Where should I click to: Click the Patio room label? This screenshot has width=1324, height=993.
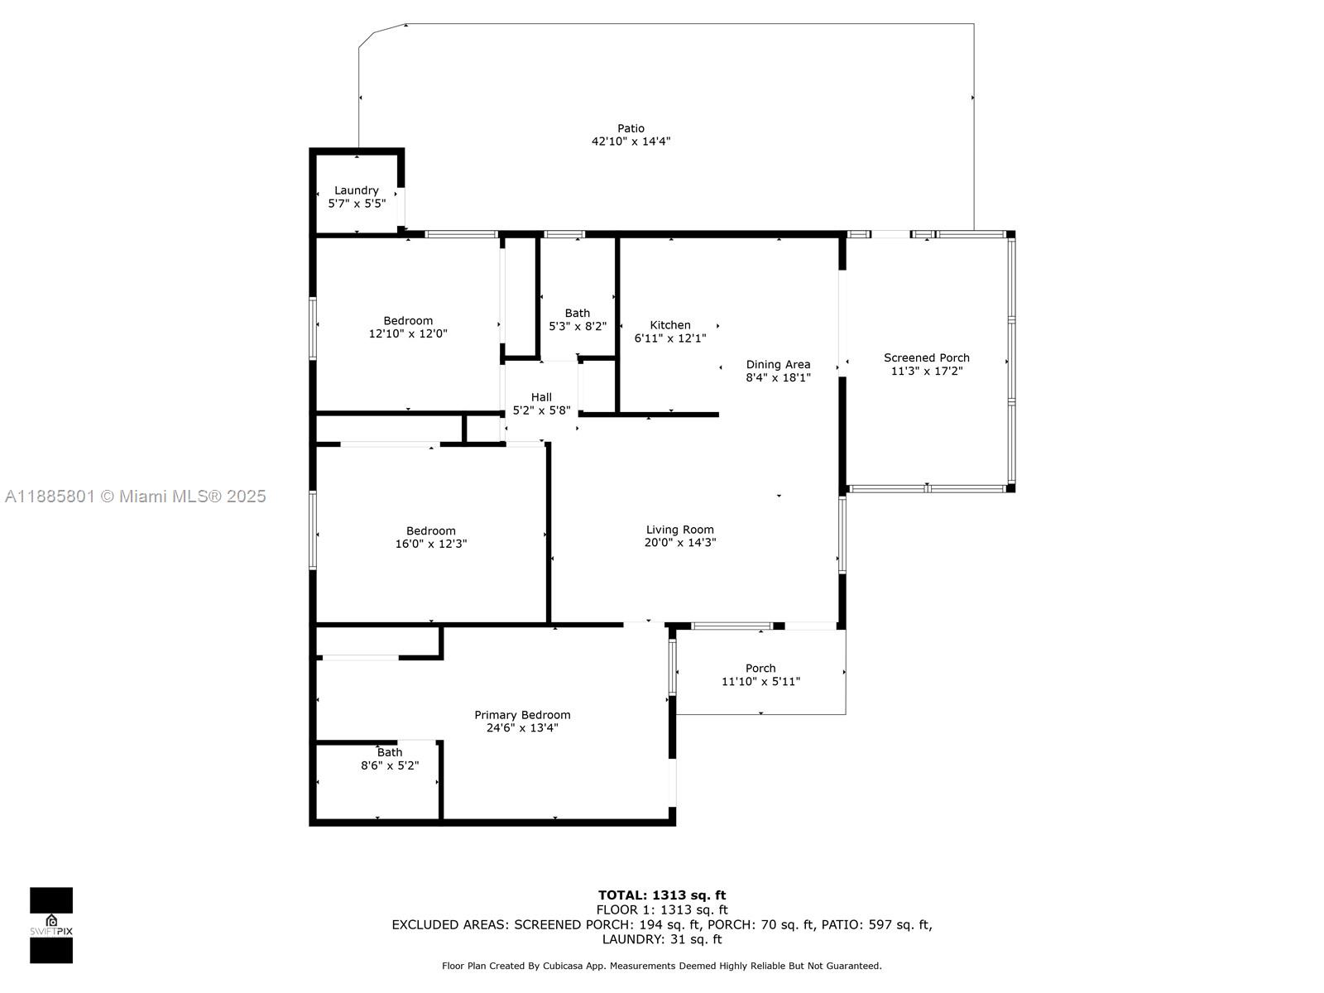[631, 128]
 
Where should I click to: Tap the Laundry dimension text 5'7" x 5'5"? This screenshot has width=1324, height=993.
[357, 204]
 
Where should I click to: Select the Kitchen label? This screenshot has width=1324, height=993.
[669, 325]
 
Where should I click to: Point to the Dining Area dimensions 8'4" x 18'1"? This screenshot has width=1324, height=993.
[778, 377]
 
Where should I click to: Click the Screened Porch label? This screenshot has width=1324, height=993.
[927, 357]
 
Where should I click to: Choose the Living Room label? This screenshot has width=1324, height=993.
[680, 530]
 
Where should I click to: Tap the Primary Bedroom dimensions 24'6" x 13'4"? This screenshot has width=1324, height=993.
[522, 727]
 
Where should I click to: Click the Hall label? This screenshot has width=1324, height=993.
[541, 397]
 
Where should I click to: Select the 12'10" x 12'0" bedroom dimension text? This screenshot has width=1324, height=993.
[408, 333]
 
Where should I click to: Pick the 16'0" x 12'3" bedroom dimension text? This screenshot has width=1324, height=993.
[430, 544]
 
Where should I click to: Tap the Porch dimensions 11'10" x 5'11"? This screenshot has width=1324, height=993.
[760, 681]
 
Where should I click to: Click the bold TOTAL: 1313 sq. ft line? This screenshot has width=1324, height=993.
[662, 895]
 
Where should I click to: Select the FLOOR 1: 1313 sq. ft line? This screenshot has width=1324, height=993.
[662, 909]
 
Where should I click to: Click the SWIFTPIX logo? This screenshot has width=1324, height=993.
[51, 925]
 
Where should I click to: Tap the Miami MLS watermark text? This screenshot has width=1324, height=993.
[135, 496]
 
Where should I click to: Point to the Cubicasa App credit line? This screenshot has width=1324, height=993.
[662, 966]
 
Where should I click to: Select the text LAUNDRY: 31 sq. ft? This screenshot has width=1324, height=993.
[662, 938]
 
